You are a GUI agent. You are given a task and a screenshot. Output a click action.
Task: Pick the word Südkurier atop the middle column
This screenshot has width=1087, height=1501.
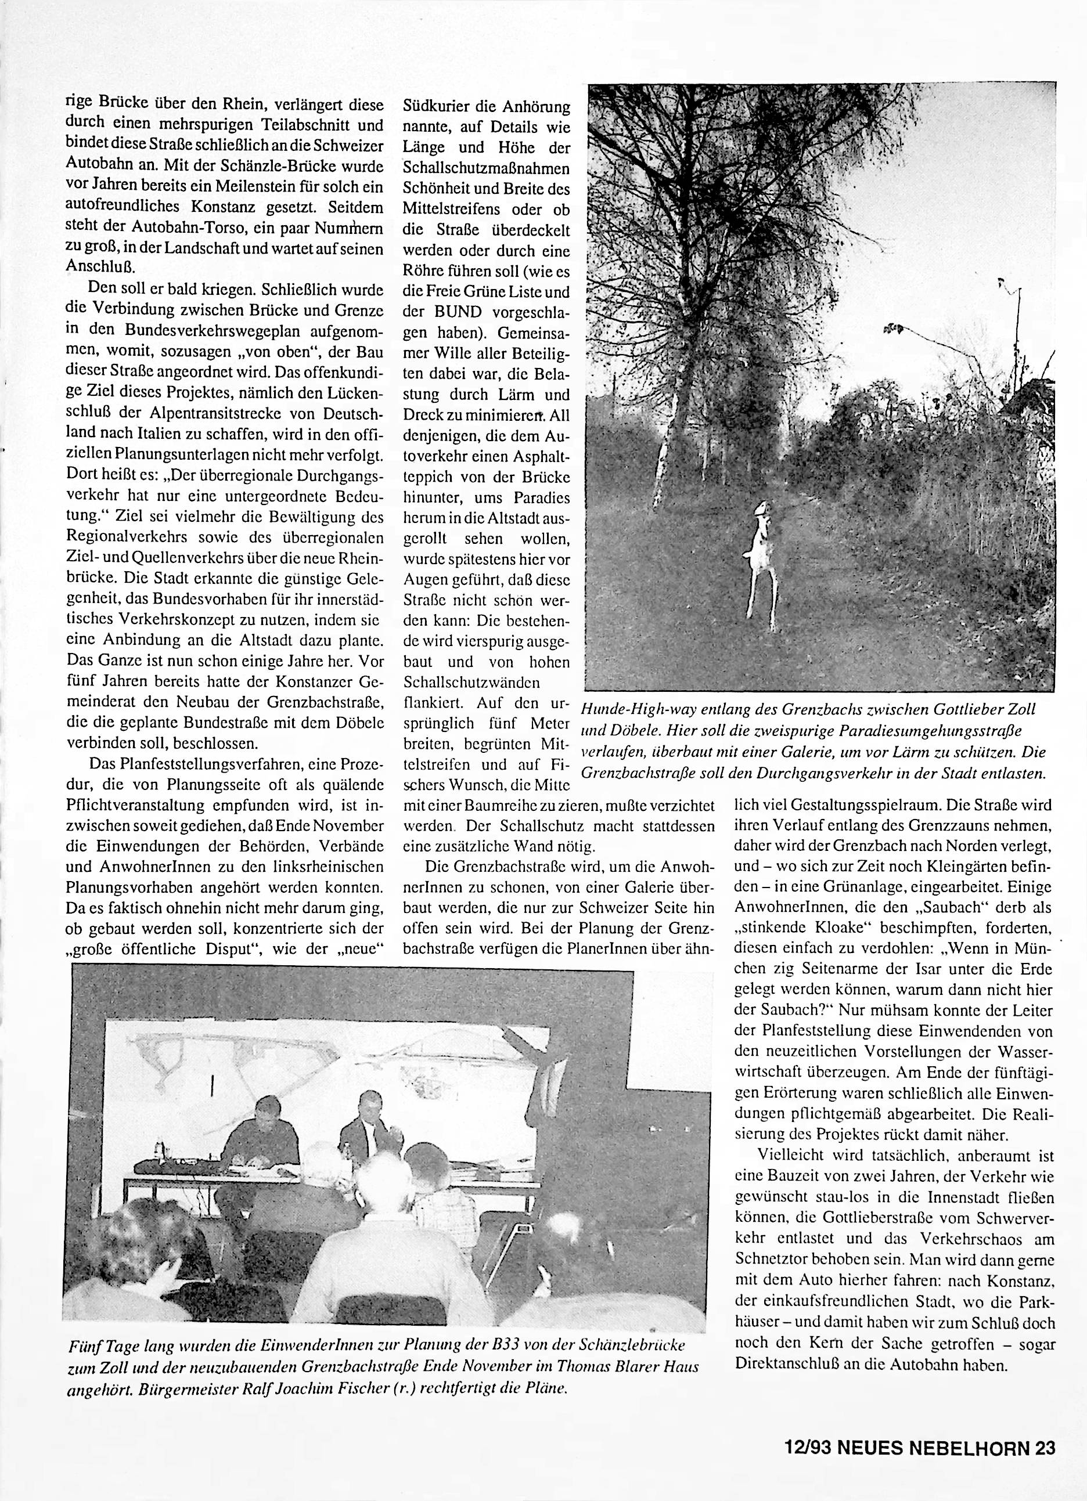click(434, 106)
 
